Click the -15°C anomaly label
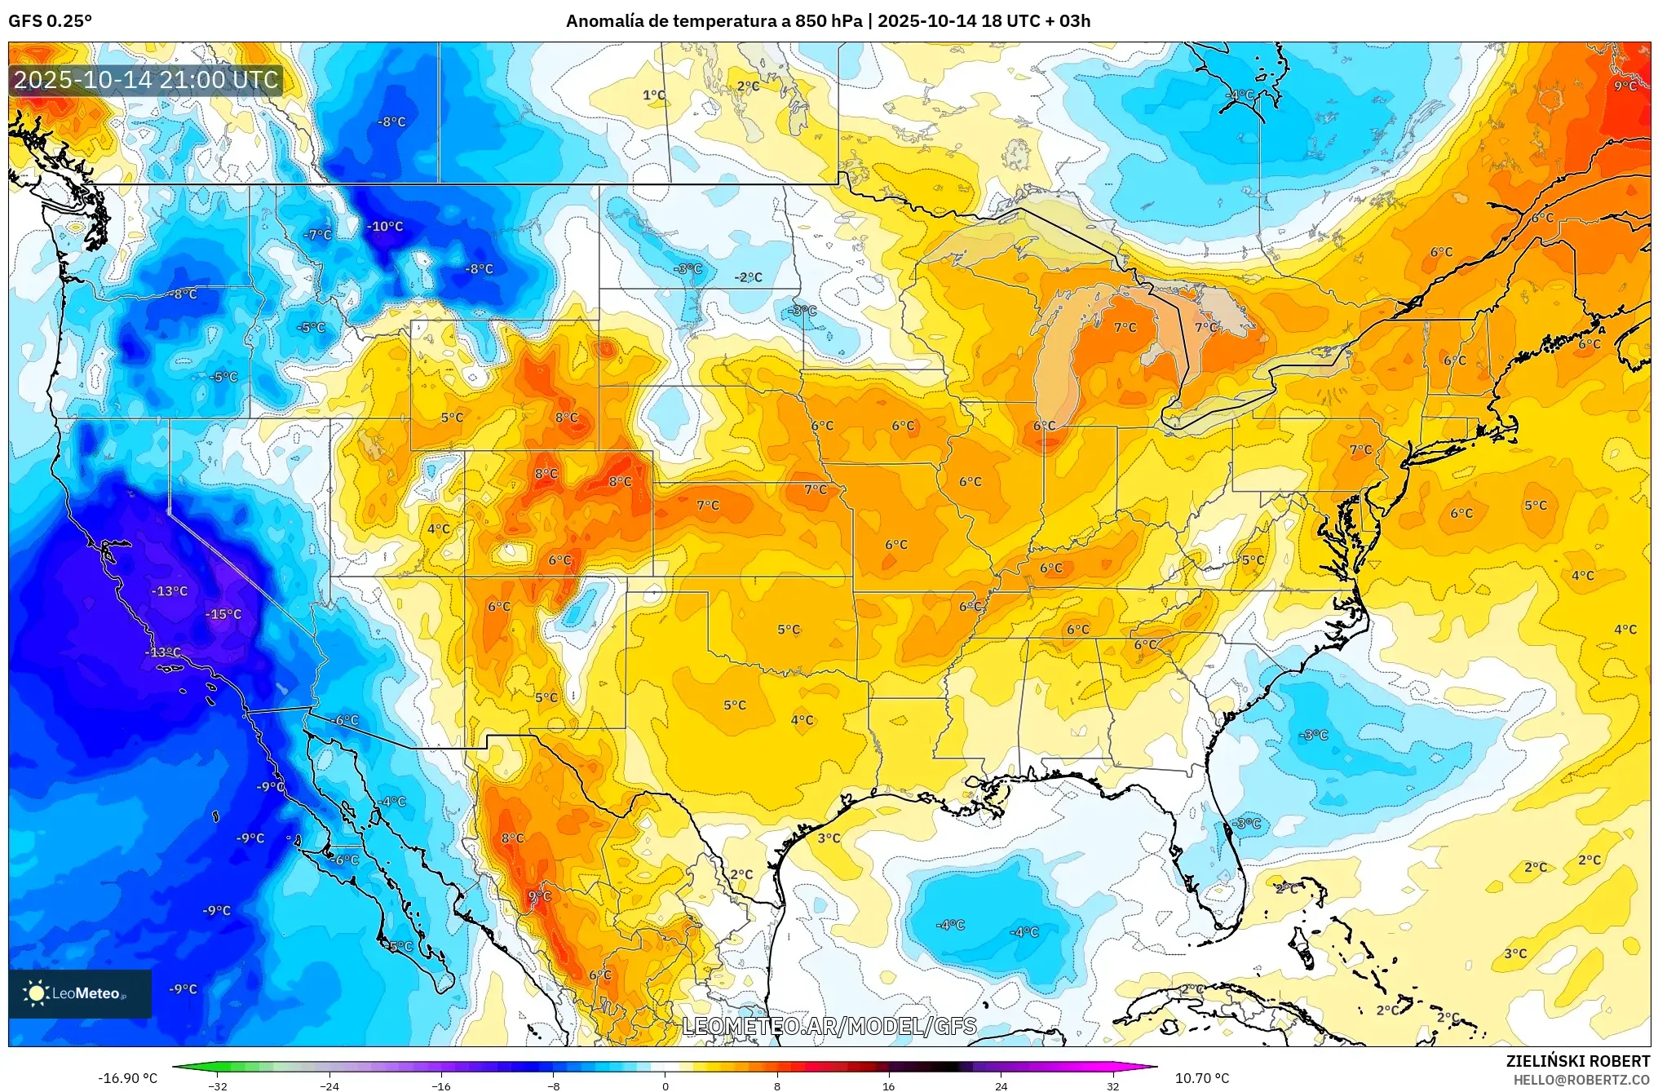[223, 614]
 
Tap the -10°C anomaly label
[385, 226]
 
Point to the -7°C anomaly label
[317, 235]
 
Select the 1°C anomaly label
[654, 95]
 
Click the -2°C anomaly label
[748, 277]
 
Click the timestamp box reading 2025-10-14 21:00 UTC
[146, 80]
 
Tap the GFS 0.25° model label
[51, 20]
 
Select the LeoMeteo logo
[80, 993]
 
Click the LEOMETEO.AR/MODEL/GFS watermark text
[829, 1026]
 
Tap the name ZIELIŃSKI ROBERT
[1577, 1061]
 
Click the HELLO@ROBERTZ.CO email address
[1581, 1080]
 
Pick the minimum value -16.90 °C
[128, 1078]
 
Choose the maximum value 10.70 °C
[1201, 1078]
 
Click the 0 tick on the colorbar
[665, 1085]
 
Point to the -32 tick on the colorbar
[218, 1085]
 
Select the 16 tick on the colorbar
[889, 1085]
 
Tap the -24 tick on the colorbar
[329, 1085]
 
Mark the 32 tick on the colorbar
[1112, 1085]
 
